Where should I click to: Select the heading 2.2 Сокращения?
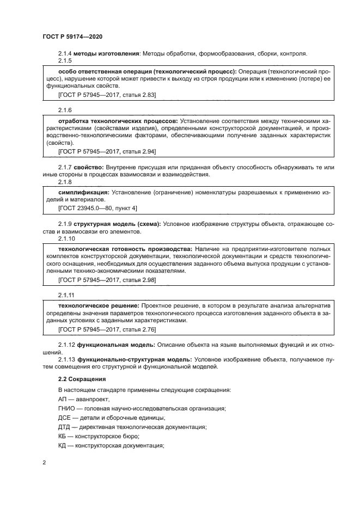tap(82, 378)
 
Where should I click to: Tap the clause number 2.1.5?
tap(65, 61)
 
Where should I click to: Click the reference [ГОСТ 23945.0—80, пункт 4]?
tap(97, 208)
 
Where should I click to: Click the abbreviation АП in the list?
tap(63, 399)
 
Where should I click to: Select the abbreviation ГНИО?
tap(66, 408)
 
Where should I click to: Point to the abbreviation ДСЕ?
tap(65, 418)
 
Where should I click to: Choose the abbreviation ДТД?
tap(65, 427)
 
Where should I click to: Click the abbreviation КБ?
tap(62, 437)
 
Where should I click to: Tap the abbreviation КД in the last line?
tap(63, 446)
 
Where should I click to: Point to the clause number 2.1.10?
tap(66, 239)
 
